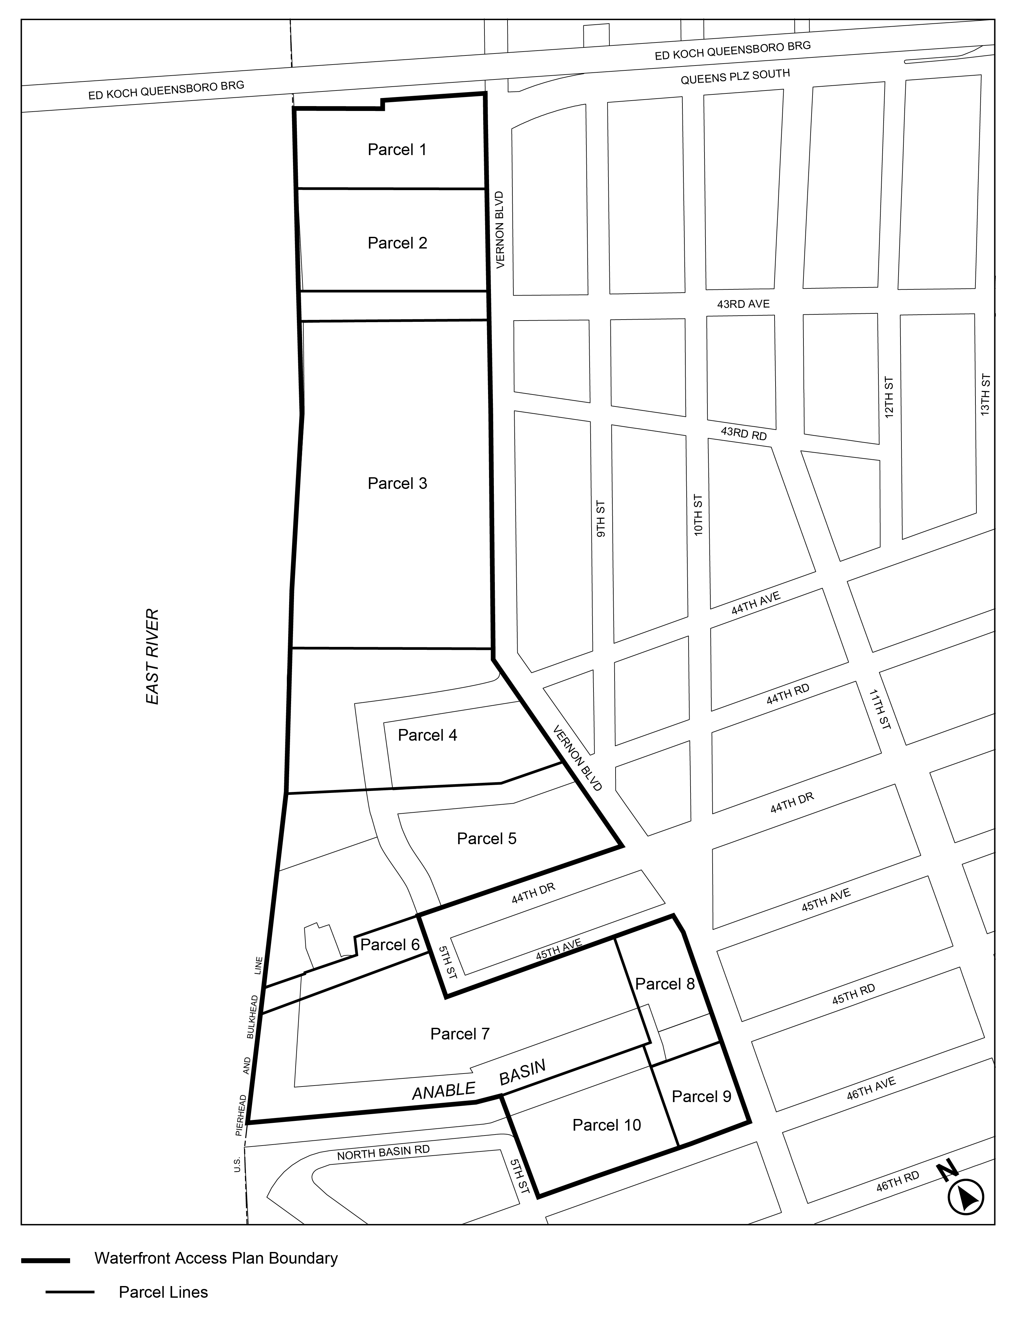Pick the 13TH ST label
[x=986, y=394]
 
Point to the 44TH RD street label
[x=788, y=695]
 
